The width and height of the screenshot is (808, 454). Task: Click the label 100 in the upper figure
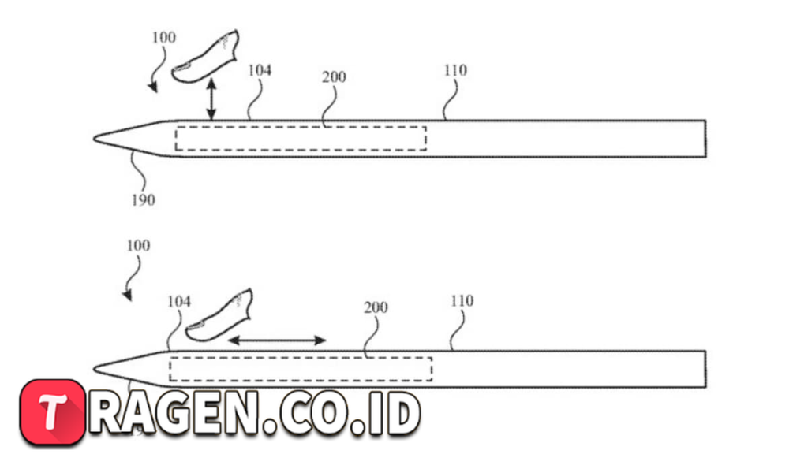164,38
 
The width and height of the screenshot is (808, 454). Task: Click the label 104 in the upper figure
260,70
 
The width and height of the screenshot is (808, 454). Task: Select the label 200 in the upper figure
334,77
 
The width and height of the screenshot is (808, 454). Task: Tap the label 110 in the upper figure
455,70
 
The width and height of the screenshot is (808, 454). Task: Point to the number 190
144,199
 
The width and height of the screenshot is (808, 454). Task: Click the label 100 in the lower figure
139,246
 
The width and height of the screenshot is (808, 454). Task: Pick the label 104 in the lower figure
179,301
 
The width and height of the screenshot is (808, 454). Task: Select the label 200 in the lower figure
376,308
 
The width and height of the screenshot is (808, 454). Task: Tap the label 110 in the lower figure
462,301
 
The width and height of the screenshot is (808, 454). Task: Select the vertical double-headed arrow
211,99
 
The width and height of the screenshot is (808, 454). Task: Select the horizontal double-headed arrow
277,340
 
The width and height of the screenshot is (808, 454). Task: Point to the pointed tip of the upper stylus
95,138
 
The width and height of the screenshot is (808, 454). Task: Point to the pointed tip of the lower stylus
95,369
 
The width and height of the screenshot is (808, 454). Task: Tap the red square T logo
53,411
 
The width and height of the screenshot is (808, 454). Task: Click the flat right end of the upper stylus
705,139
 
